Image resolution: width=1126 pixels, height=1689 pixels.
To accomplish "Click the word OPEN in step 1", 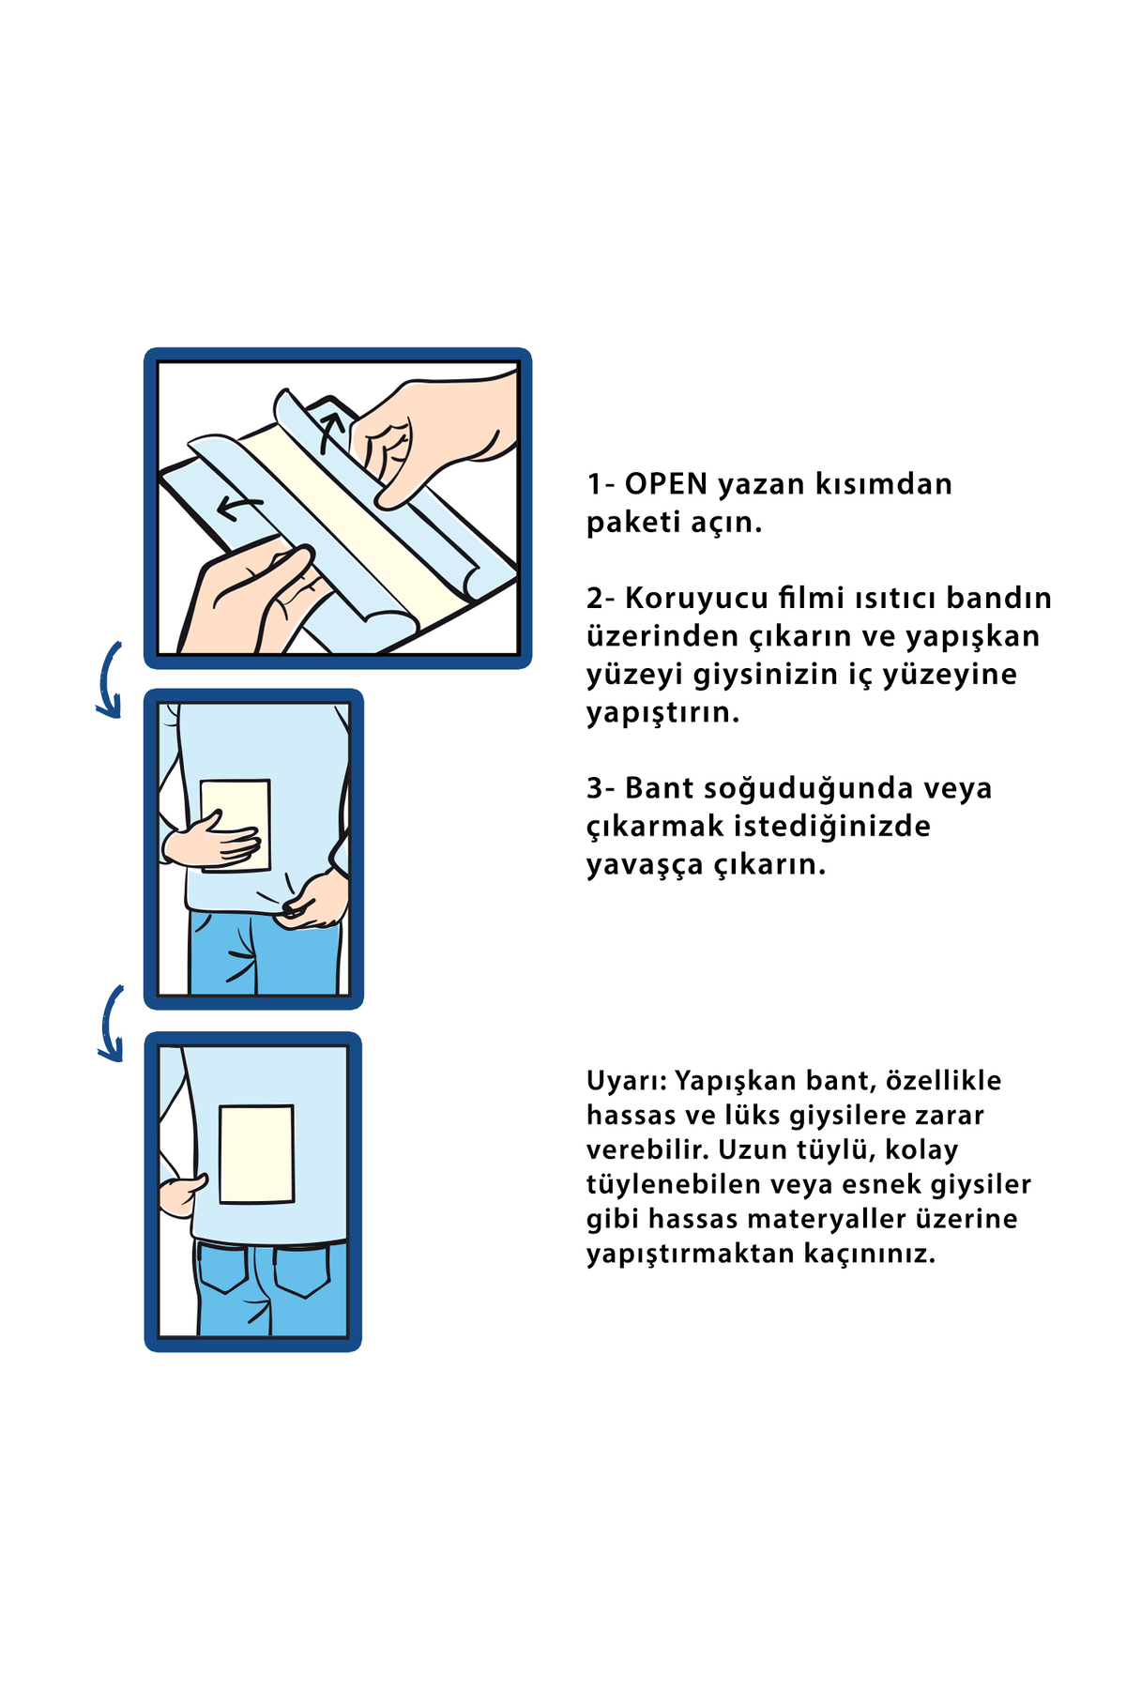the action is click(x=665, y=484).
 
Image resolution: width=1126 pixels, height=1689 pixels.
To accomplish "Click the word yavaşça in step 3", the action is click(x=645, y=865).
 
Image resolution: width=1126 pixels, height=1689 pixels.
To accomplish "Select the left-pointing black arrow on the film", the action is click(x=238, y=508).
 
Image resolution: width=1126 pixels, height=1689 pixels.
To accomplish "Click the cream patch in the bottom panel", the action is click(x=256, y=1154).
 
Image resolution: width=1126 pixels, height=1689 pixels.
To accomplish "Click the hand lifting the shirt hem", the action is click(x=314, y=901).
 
